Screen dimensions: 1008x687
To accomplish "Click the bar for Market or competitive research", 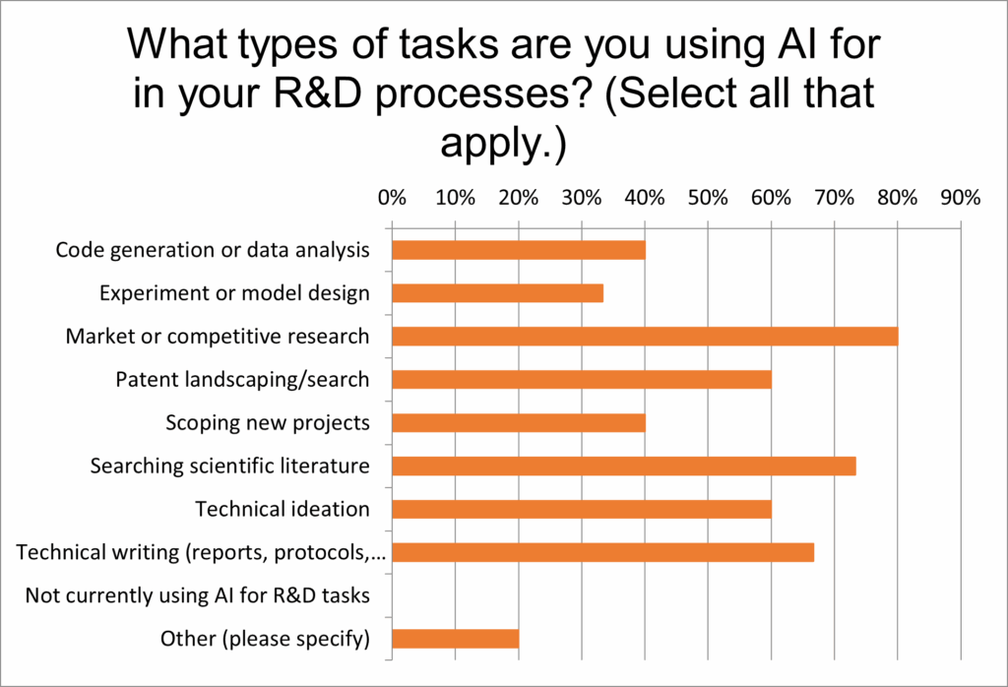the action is point(645,336).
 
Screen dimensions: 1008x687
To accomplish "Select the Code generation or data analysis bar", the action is point(519,250).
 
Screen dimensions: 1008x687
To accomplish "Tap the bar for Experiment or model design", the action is point(497,293).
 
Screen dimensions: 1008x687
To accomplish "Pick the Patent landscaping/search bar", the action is point(582,380).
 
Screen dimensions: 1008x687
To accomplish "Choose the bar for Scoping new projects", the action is point(519,423).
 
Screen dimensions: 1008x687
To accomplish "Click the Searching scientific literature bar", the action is point(624,466).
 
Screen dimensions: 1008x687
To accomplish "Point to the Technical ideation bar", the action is point(582,509).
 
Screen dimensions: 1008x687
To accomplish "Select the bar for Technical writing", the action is point(603,553).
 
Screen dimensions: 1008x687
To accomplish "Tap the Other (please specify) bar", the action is point(456,639).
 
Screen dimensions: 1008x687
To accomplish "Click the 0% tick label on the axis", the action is point(392,197).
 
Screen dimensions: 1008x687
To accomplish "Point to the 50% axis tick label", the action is point(708,197).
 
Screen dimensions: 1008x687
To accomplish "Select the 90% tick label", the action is point(961,197).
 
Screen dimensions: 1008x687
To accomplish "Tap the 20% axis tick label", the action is point(518,197).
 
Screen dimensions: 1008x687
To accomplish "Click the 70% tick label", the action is point(835,197).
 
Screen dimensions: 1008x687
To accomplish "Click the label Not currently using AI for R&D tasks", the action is point(197,595).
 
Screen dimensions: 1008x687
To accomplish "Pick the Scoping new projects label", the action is point(268,423).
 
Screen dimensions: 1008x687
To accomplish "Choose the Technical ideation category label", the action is point(283,509).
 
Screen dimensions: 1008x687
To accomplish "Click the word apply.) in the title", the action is point(503,143).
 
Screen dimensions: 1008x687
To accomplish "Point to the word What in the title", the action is point(177,43).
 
